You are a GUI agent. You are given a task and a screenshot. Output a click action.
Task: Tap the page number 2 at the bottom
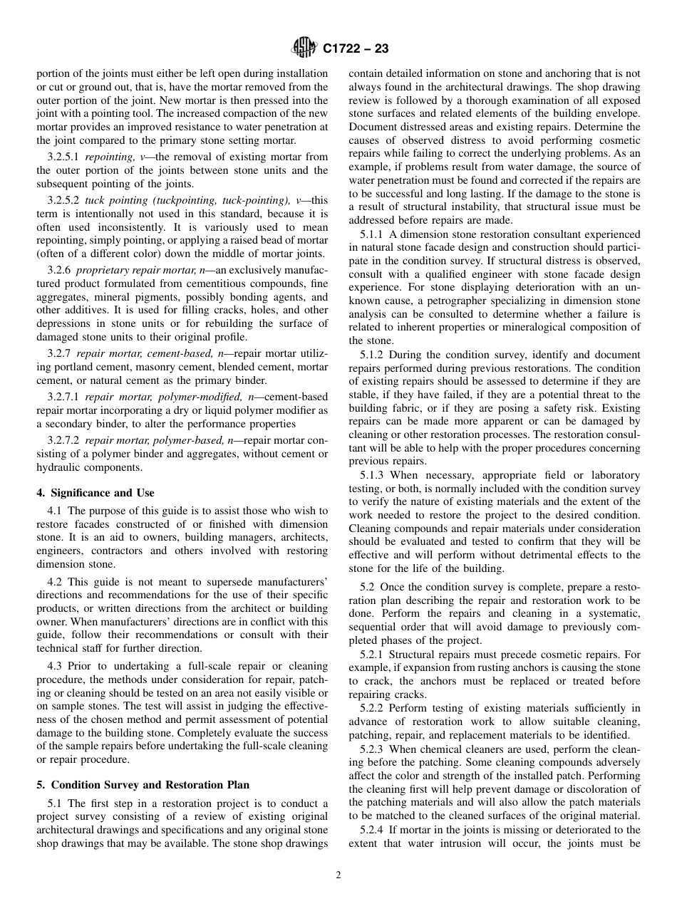(338, 875)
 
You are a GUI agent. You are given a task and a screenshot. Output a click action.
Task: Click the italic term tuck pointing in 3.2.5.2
(109, 200)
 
